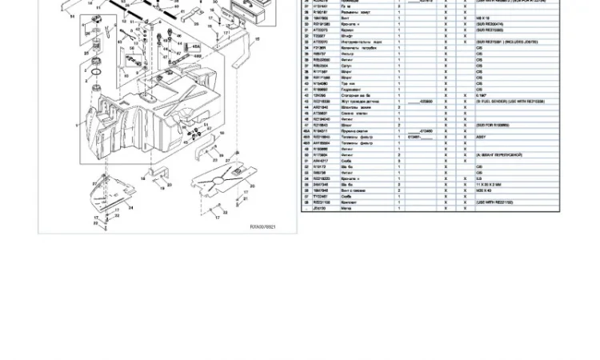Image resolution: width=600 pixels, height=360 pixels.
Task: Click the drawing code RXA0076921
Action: pos(262,227)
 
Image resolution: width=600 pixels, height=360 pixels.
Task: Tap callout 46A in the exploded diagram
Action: pos(196,47)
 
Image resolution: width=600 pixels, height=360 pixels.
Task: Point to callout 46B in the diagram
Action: pos(198,56)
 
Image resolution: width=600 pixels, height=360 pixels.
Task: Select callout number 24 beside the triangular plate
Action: pos(131,207)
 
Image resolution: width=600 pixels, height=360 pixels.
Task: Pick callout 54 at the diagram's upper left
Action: pos(73,16)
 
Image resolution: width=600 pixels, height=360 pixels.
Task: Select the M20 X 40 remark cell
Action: pos(484,190)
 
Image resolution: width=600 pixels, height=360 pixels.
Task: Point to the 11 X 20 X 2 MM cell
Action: pos(488,185)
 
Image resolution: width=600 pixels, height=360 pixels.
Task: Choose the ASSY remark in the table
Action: pos(481,137)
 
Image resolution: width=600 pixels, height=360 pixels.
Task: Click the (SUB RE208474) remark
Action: pos(490,24)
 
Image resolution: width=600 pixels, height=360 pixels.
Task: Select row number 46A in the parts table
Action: pos(306,131)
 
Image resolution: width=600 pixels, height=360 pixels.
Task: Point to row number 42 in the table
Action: pos(306,96)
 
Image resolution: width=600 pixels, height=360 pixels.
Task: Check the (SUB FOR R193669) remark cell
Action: pos(493,125)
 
